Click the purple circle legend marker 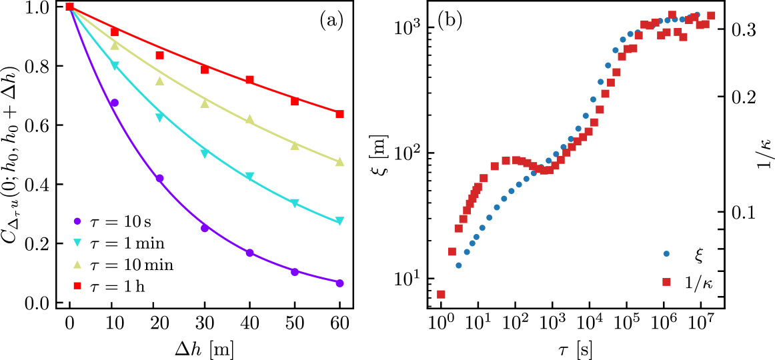pyautogui.click(x=77, y=221)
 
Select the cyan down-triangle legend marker pyautogui.click(x=77, y=243)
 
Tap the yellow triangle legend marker pyautogui.click(x=77, y=264)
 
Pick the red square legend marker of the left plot pyautogui.click(x=77, y=285)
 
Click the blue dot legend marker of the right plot pyautogui.click(x=666, y=253)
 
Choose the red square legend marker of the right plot pyautogui.click(x=666, y=282)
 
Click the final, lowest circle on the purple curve pyautogui.click(x=339, y=283)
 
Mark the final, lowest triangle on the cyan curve pyautogui.click(x=339, y=221)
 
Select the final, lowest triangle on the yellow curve pyautogui.click(x=339, y=162)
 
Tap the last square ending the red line pyautogui.click(x=339, y=114)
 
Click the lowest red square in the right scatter pyautogui.click(x=441, y=294)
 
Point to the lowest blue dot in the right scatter pyautogui.click(x=459, y=265)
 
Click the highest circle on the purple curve pyautogui.click(x=115, y=103)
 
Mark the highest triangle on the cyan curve pyautogui.click(x=115, y=66)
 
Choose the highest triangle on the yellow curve pyautogui.click(x=115, y=45)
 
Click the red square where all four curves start pyautogui.click(x=69, y=7)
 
